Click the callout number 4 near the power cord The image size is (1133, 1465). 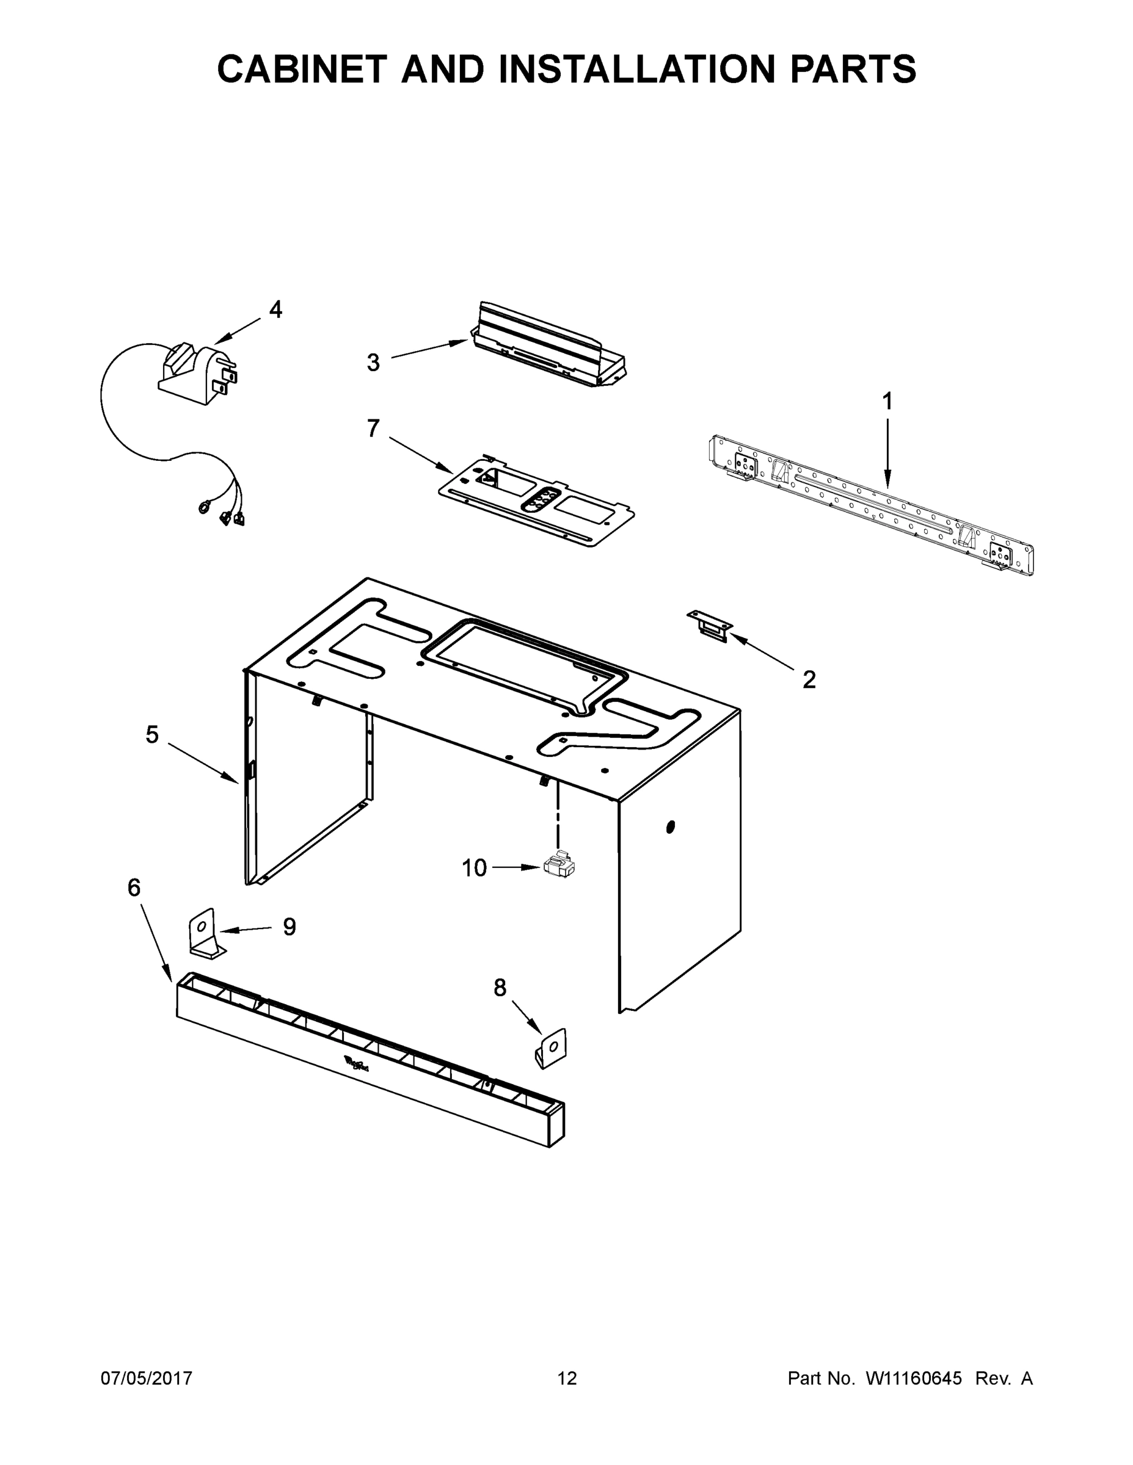275,310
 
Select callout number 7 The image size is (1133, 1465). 373,428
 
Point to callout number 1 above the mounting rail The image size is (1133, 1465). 887,402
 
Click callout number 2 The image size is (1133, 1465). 809,679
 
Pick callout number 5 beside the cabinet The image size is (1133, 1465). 152,734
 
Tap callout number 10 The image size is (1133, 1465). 474,868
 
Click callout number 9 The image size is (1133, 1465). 289,927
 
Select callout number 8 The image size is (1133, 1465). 500,988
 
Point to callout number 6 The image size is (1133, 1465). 134,888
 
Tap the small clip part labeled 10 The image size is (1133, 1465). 559,866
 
